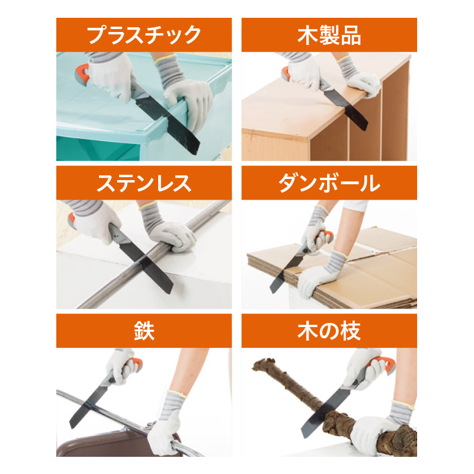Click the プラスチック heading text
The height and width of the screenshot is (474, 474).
click(x=144, y=35)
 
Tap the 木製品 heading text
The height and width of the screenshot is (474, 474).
click(x=329, y=35)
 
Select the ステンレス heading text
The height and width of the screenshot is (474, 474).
click(x=144, y=183)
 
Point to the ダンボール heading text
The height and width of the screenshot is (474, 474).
click(x=329, y=183)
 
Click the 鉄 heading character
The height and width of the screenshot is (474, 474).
click(x=144, y=331)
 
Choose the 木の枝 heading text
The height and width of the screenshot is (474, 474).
click(x=329, y=331)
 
